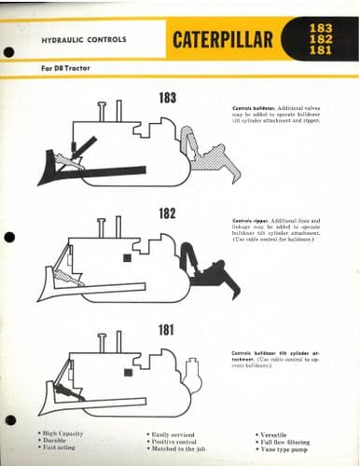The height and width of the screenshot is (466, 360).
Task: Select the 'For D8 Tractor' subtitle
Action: click(62, 69)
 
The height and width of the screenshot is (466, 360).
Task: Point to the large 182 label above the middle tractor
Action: click(167, 213)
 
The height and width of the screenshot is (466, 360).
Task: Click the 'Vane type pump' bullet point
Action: click(285, 450)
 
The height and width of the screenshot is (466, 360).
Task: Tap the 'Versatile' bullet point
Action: click(277, 433)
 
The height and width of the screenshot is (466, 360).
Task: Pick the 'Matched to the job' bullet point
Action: click(182, 450)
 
